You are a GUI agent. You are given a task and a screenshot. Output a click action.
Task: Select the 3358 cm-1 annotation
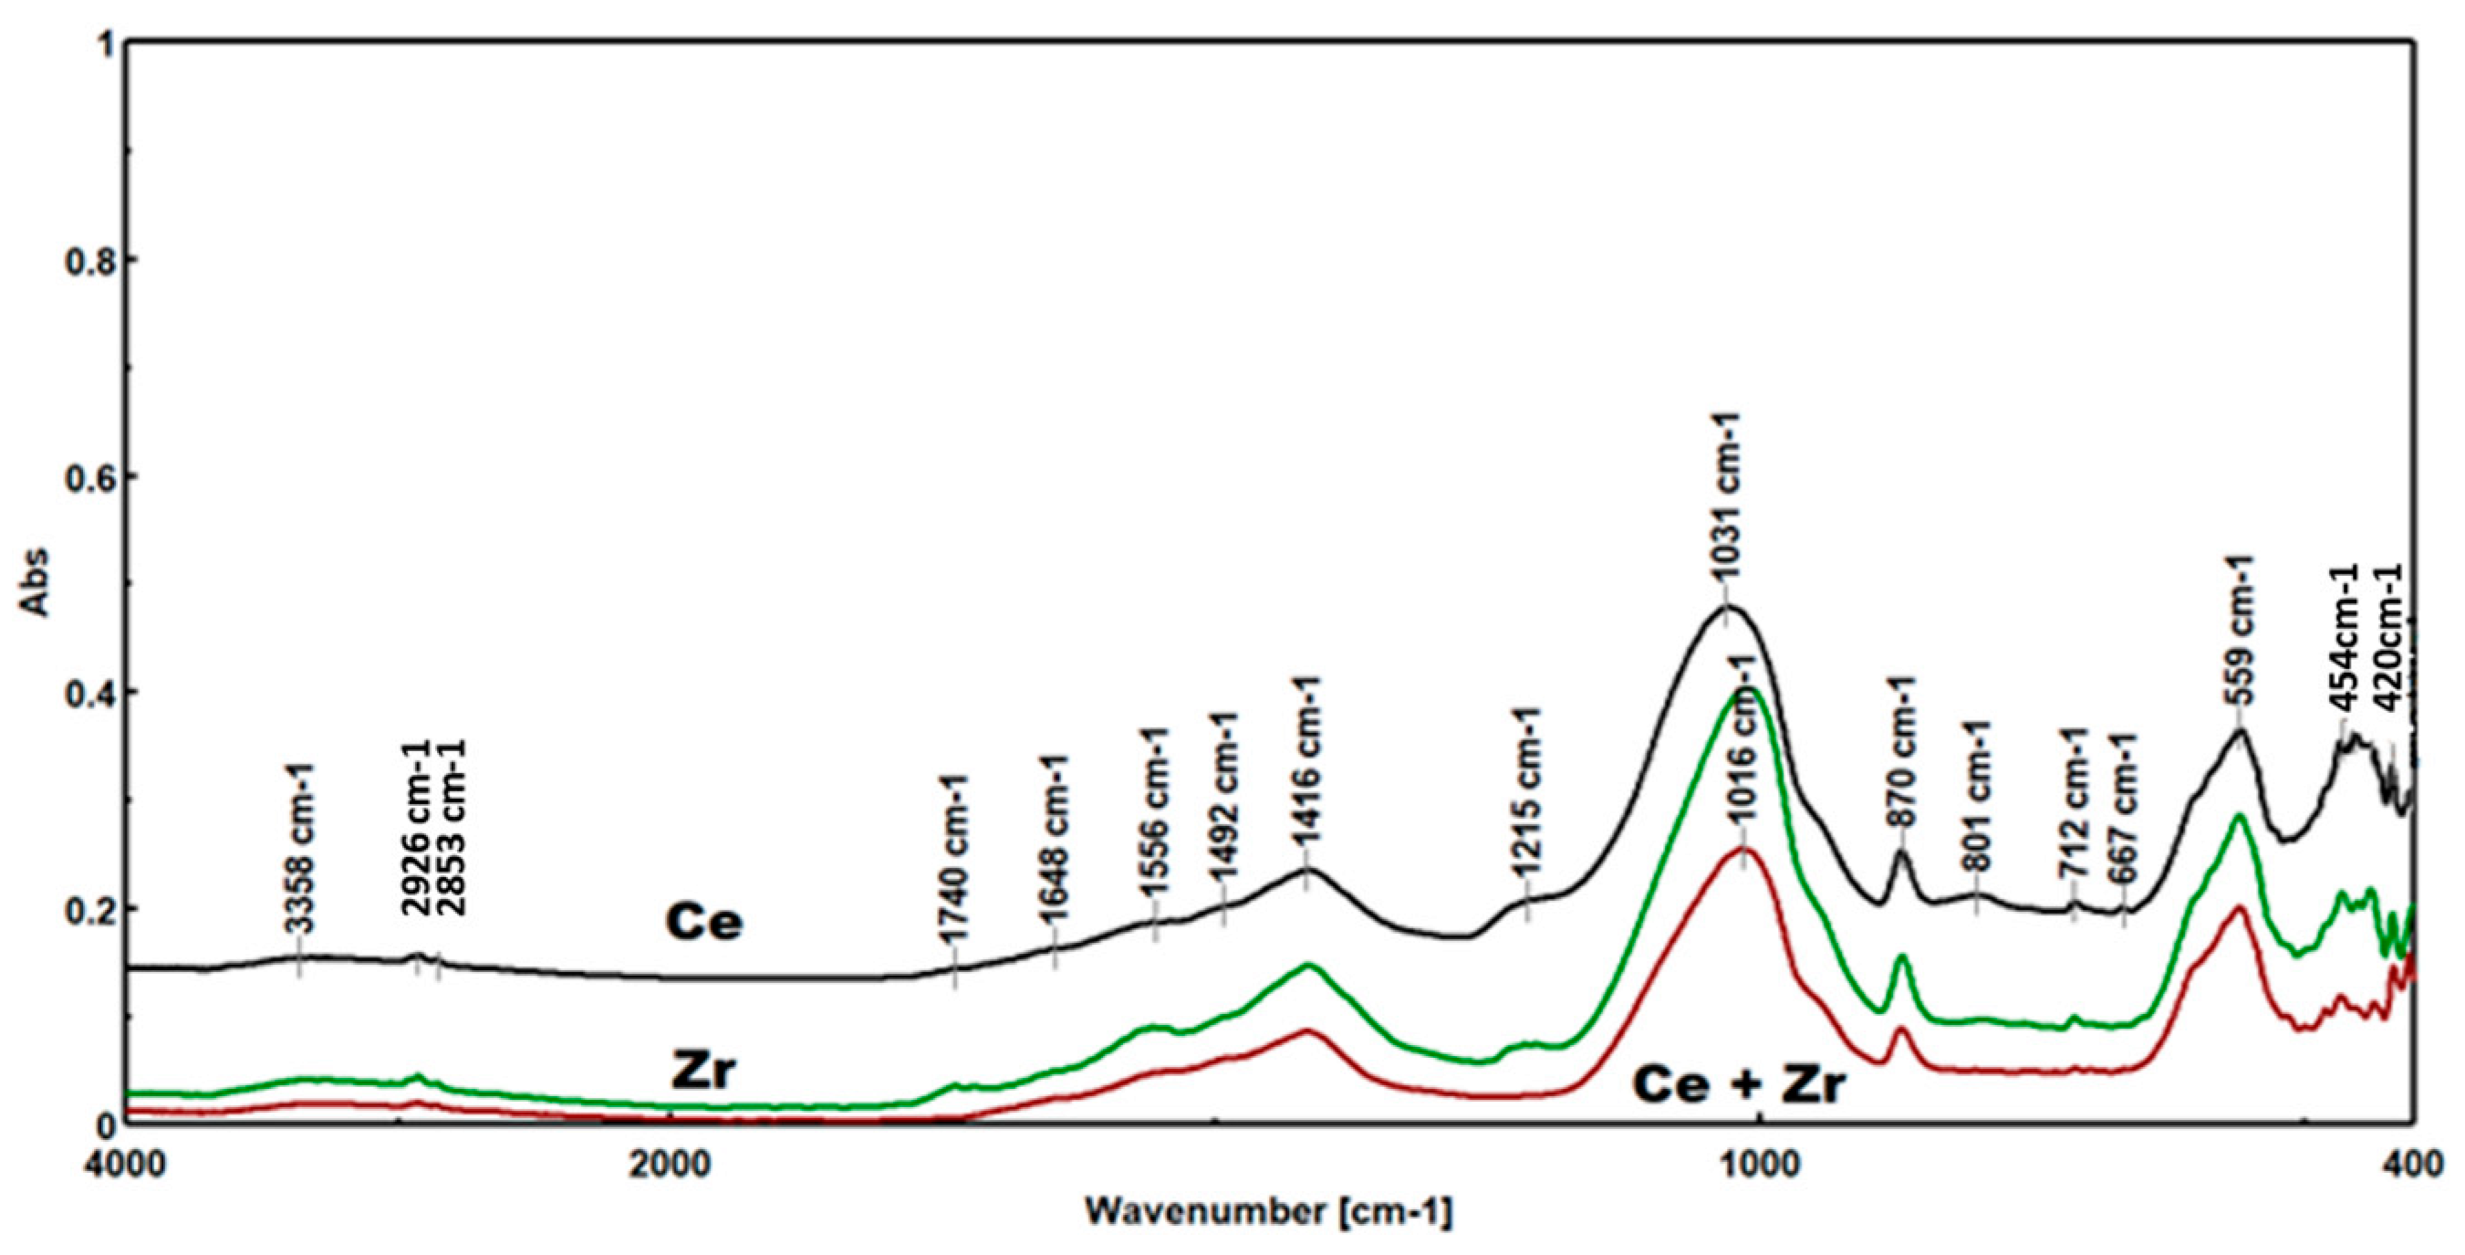[299, 861]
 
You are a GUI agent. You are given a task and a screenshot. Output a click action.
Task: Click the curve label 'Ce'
[703, 922]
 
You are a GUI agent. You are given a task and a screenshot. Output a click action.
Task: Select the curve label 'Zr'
[703, 1072]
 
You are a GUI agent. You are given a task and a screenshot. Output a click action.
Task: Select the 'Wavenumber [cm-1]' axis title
[1268, 1214]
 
